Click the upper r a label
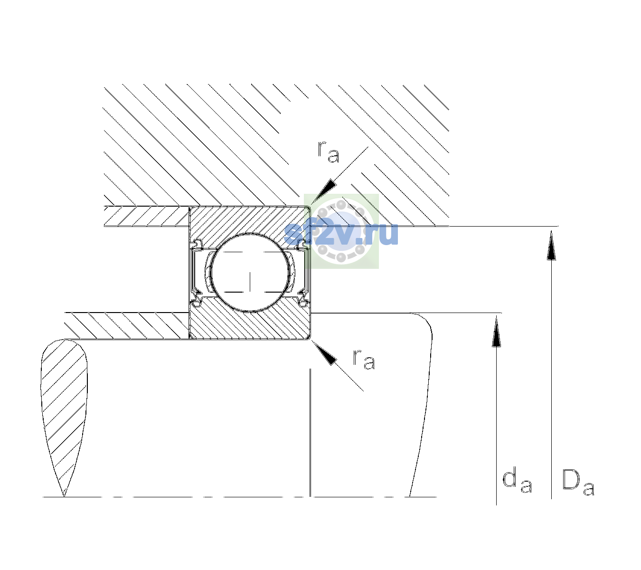coord(328,152)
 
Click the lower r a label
coord(364,360)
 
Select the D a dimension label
coord(578,482)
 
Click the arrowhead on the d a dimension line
coord(496,331)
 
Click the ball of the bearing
coord(250,273)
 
